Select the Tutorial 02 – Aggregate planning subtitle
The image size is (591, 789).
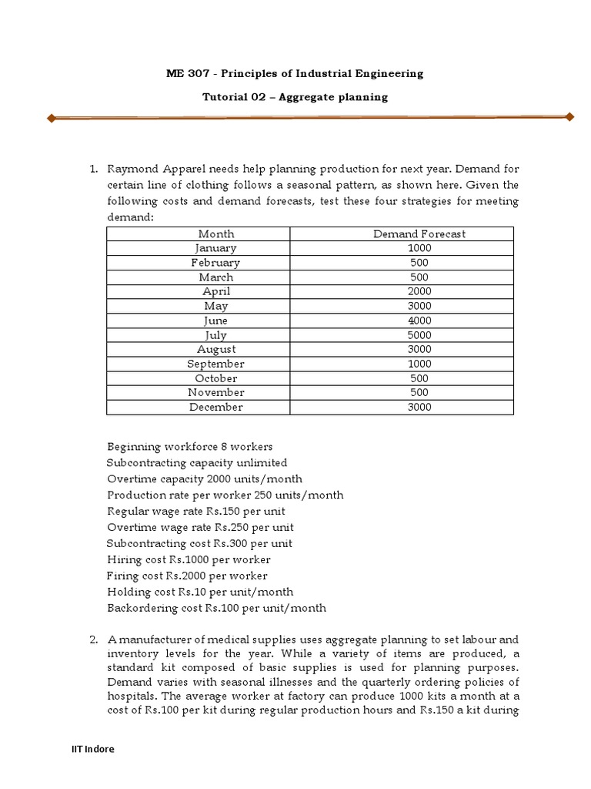(295, 97)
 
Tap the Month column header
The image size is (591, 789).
(216, 233)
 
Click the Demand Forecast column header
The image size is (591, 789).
(419, 233)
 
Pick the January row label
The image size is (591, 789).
(216, 248)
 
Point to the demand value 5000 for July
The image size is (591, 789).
(419, 335)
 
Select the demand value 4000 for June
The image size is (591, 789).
(419, 321)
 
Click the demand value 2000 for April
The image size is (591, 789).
(419, 291)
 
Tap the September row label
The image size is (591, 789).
(216, 364)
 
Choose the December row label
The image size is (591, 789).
(216, 407)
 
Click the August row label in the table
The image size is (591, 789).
(216, 349)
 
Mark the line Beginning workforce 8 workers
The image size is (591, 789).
(189, 447)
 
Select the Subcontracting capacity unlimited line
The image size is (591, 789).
(197, 463)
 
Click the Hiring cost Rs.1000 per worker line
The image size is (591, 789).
(189, 559)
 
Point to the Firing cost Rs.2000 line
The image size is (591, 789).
(187, 576)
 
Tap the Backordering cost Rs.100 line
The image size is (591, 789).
(216, 608)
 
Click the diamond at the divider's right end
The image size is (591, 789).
(569, 117)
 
